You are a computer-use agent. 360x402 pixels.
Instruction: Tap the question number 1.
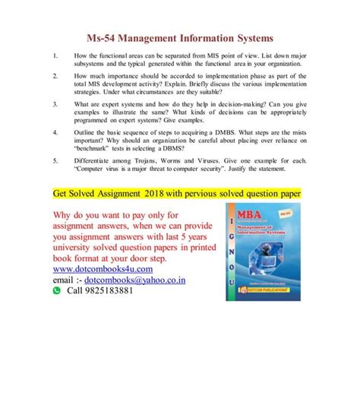click(55, 55)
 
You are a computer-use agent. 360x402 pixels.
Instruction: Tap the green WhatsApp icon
click(56, 290)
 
